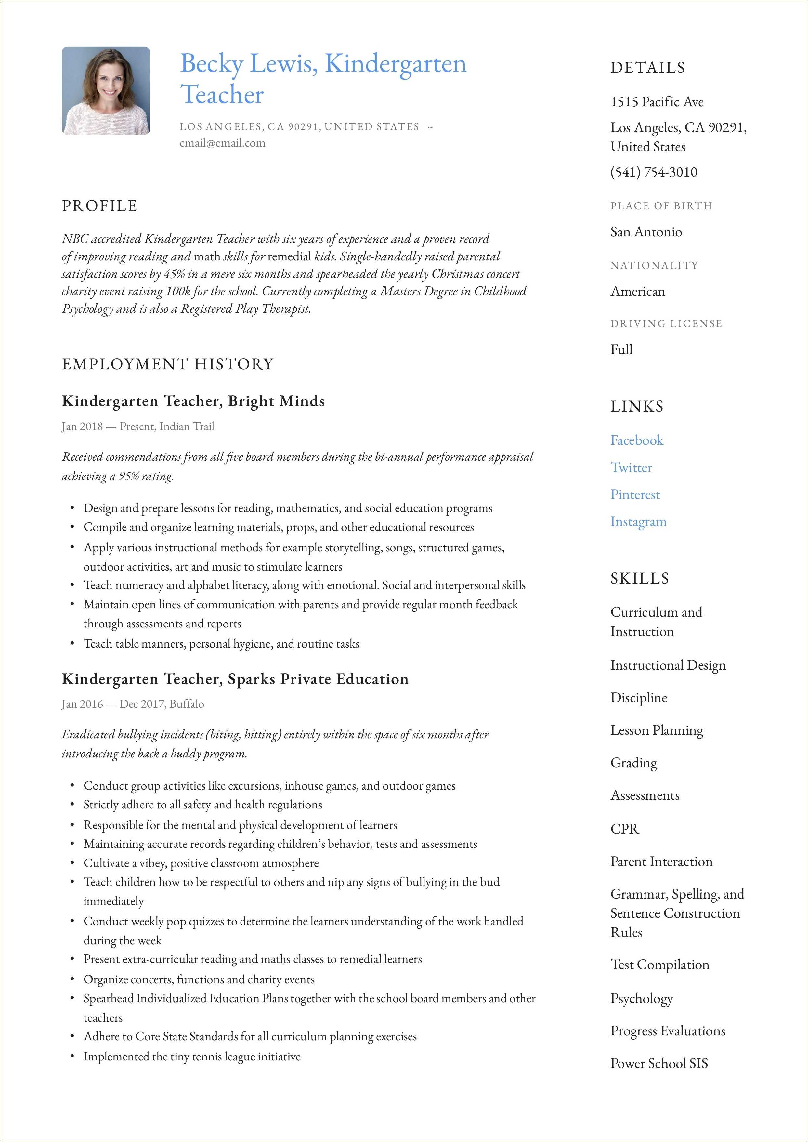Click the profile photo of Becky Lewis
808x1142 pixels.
tap(106, 91)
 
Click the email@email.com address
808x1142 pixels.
tap(222, 143)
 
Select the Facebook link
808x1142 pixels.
tap(636, 440)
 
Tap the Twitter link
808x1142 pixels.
tap(631, 468)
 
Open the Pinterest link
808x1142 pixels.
tap(635, 495)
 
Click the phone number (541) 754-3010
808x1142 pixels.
tap(654, 172)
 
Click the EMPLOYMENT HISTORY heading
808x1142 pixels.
tap(168, 364)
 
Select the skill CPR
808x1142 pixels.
tap(624, 829)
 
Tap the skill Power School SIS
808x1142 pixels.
tap(659, 1064)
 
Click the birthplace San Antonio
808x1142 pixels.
tap(646, 232)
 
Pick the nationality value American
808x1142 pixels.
tap(637, 292)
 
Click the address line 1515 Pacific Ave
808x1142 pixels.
tap(657, 102)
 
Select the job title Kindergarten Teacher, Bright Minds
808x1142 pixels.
tap(193, 401)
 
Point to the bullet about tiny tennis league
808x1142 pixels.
tap(192, 1057)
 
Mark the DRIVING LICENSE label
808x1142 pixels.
tap(666, 324)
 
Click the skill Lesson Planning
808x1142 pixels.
tap(657, 730)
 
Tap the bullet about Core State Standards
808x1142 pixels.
tap(250, 1036)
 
